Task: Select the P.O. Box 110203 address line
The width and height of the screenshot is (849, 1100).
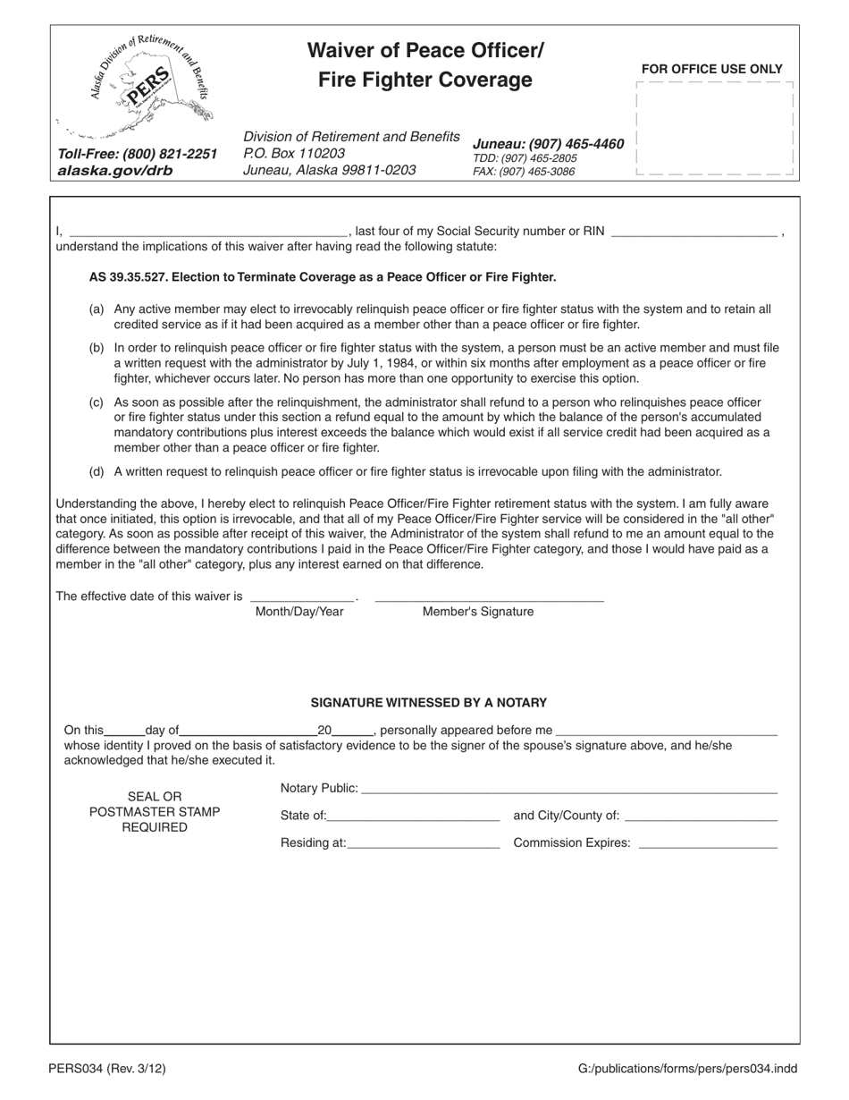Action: (294, 153)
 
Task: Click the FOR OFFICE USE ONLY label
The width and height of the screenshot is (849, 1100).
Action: (711, 69)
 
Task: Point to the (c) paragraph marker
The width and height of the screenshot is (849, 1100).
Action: (97, 402)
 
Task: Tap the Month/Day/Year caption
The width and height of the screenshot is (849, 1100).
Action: (299, 612)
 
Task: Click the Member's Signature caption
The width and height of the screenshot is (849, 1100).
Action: (478, 612)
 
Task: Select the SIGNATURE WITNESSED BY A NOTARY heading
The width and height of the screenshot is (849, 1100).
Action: (429, 703)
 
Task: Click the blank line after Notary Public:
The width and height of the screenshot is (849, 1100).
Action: (569, 789)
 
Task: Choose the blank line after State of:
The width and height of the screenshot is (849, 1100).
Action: (413, 816)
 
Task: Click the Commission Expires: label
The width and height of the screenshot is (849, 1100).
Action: (572, 842)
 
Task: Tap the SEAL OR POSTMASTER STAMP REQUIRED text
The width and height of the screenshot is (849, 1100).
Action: (155, 812)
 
